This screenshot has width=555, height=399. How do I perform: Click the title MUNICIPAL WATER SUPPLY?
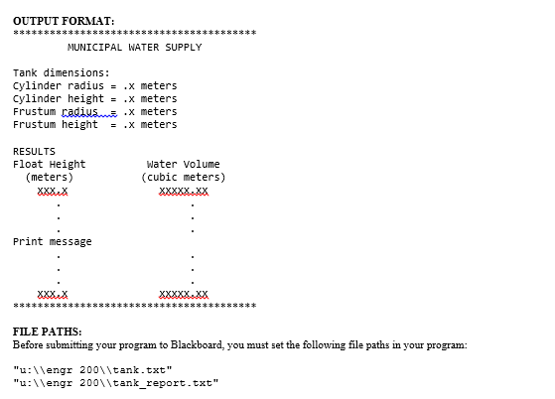pyautogui.click(x=134, y=47)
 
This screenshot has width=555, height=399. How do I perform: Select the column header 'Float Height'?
pyautogui.click(x=50, y=164)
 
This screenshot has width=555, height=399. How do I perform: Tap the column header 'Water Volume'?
pyautogui.click(x=184, y=164)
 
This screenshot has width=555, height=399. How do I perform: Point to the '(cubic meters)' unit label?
pyautogui.click(x=184, y=177)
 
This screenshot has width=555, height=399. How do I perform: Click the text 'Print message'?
pyautogui.click(x=53, y=241)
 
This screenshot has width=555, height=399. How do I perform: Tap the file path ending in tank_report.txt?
pyautogui.click(x=115, y=382)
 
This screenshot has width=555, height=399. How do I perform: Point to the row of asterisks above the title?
pyautogui.click(x=134, y=33)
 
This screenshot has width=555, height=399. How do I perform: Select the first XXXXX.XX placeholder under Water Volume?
pyautogui.click(x=184, y=190)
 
